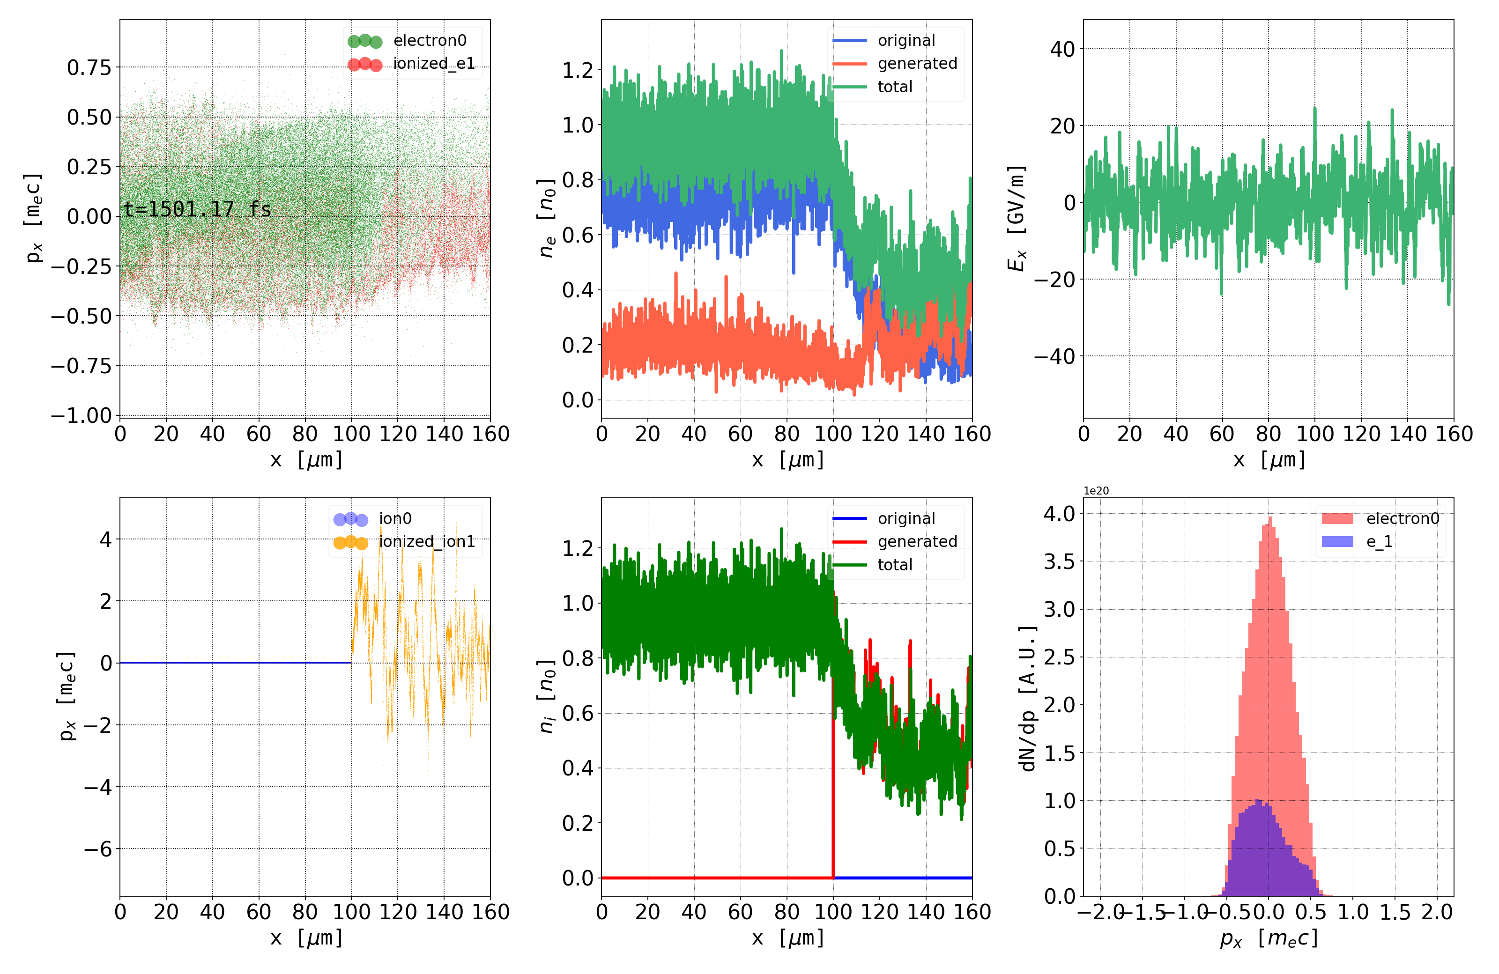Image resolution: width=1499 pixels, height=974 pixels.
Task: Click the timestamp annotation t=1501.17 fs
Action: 197,209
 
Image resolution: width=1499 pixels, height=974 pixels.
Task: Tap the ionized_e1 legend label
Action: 433,64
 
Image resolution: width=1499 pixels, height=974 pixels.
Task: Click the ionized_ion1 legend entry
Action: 426,541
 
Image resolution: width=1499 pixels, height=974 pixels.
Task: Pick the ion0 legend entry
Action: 395,519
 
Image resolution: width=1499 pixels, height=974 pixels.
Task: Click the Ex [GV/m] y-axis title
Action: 1016,219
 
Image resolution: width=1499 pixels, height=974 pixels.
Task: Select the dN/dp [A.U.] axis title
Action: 1027,698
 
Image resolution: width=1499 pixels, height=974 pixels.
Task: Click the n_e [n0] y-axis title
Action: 546,219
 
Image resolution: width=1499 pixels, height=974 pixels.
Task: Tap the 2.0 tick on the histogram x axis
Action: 1437,912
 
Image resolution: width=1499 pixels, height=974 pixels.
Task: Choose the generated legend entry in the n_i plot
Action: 917,541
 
